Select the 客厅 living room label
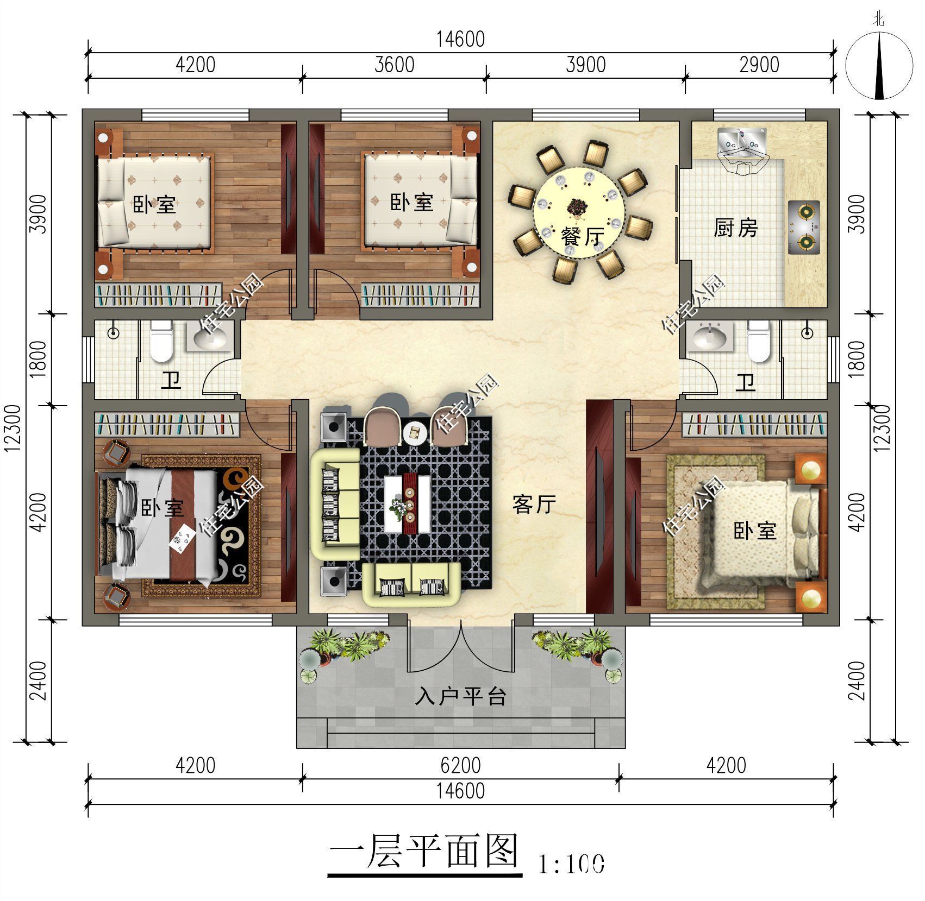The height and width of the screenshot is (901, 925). point(534,504)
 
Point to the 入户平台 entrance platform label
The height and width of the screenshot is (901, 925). point(460,696)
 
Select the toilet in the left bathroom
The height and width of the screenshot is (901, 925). point(161,342)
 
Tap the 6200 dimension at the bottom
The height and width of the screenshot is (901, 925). point(460,765)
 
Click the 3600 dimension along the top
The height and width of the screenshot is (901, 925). point(394,65)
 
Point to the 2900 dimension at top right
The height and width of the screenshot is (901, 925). point(759,65)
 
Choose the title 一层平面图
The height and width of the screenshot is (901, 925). point(424,851)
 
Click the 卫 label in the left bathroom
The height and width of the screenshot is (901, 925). point(171,381)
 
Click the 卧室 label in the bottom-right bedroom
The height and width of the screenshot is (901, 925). point(754,531)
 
